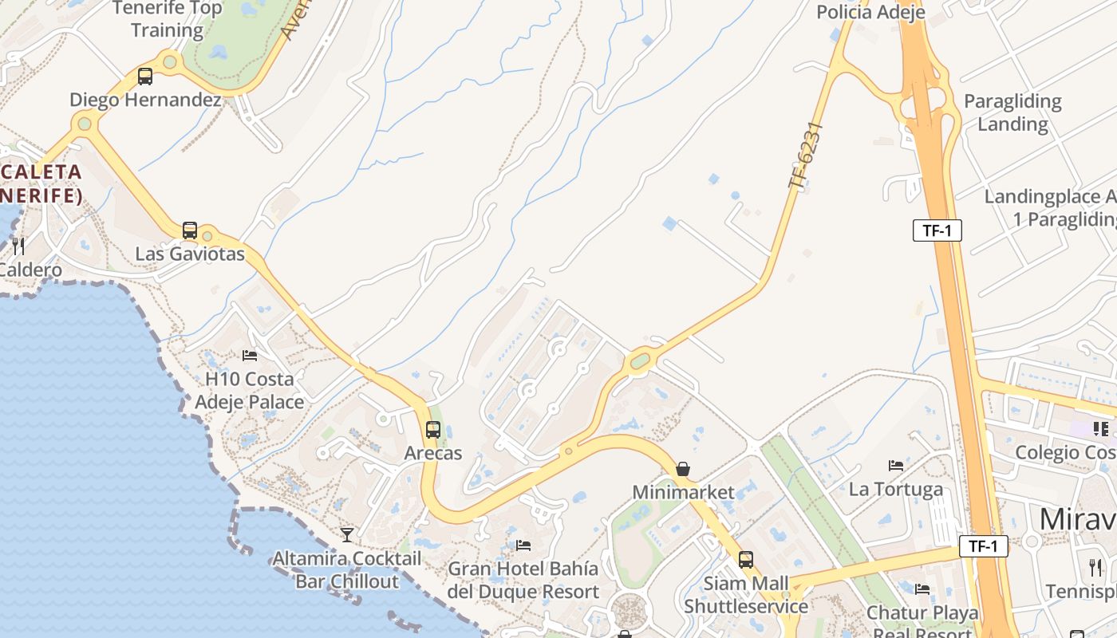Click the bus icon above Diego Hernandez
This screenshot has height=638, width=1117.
tap(144, 77)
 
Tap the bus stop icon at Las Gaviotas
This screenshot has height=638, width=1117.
tap(189, 230)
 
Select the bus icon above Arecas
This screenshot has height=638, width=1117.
tap(432, 430)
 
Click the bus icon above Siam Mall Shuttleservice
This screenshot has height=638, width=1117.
tap(745, 560)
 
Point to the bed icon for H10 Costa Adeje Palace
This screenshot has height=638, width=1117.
tap(250, 355)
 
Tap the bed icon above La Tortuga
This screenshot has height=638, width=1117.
tap(896, 465)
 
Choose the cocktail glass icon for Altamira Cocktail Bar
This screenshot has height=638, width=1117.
tap(346, 534)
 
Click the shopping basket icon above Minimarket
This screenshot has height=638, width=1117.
tap(682, 469)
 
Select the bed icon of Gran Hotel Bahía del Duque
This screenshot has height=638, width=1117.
tap(523, 545)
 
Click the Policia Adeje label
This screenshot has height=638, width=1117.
tap(870, 12)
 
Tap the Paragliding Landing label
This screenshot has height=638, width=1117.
tap(1012, 112)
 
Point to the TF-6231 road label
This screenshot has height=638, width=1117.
tap(805, 156)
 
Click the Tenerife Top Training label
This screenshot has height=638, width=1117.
tap(167, 19)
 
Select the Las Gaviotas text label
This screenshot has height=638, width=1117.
tap(190, 254)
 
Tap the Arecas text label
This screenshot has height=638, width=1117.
tap(433, 453)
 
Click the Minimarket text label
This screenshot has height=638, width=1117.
tap(683, 492)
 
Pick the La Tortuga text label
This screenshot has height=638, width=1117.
tap(896, 489)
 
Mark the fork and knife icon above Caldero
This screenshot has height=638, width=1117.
tap(18, 246)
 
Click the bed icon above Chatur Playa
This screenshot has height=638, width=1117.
tap(922, 589)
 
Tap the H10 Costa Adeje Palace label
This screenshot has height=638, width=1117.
tap(250, 390)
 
